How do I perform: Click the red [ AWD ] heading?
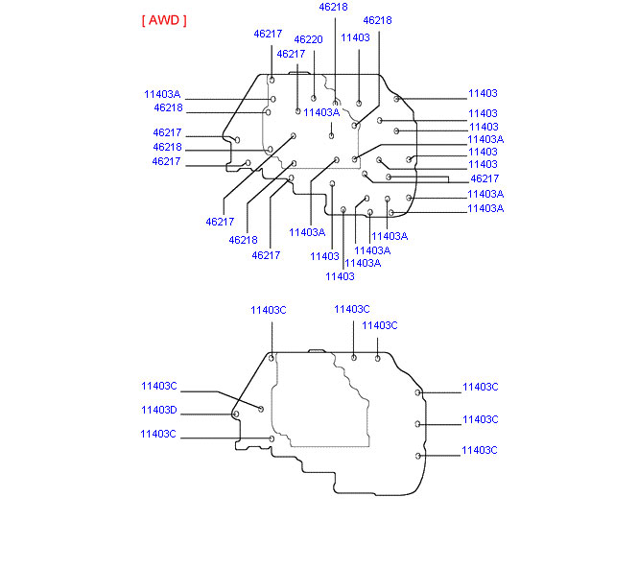tap(163, 20)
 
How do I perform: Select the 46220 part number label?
tap(308, 40)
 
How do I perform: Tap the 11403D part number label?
tap(158, 410)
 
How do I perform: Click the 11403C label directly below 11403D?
tap(157, 435)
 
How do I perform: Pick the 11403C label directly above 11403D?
tap(158, 386)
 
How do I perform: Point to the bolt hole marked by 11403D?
tap(236, 414)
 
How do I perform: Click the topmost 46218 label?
tap(333, 7)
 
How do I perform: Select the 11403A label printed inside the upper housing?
tap(321, 112)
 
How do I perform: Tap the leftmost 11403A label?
tap(162, 95)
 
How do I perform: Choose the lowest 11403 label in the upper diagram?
tap(340, 276)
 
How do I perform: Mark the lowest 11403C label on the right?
tap(479, 451)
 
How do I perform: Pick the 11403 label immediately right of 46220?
tap(355, 37)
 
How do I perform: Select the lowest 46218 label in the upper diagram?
tap(243, 240)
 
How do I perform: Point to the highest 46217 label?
tap(268, 34)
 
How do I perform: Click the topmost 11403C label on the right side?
tap(480, 388)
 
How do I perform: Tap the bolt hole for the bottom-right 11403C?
tap(417, 455)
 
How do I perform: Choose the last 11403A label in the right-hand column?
tap(484, 208)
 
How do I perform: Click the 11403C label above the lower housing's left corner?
tap(269, 310)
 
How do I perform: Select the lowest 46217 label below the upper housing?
tap(266, 255)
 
